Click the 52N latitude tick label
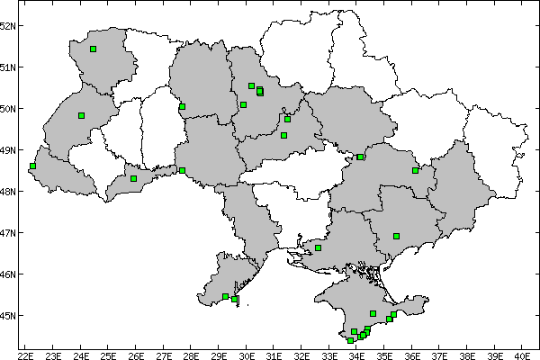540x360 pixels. pyautogui.click(x=8, y=25)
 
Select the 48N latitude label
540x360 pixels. pyautogui.click(x=8, y=192)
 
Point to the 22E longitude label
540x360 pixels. pyautogui.click(x=25, y=355)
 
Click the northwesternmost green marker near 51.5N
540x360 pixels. pyautogui.click(x=93, y=49)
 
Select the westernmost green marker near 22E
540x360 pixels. pyautogui.click(x=32, y=166)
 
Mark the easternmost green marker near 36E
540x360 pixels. pyautogui.click(x=415, y=170)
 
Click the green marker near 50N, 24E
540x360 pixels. pyautogui.click(x=81, y=115)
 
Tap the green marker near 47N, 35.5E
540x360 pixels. pyautogui.click(x=396, y=236)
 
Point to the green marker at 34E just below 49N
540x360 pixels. pyautogui.click(x=360, y=157)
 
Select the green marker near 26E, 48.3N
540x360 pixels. pyautogui.click(x=133, y=178)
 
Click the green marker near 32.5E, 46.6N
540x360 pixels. pyautogui.click(x=318, y=247)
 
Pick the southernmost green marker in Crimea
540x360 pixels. pyautogui.click(x=350, y=340)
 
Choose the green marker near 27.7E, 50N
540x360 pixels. pyautogui.click(x=182, y=106)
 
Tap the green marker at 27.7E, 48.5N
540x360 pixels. pyautogui.click(x=182, y=170)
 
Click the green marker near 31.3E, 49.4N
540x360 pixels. pyautogui.click(x=283, y=135)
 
